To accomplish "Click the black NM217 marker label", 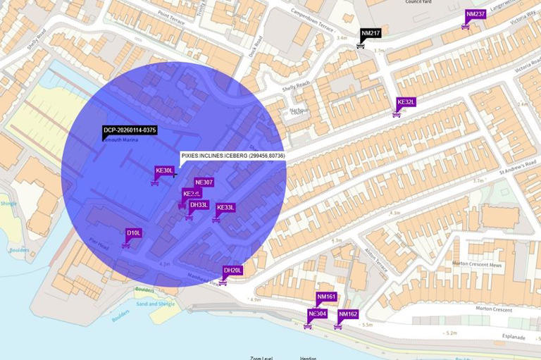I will (x=371, y=33).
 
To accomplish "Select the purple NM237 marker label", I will (x=475, y=14).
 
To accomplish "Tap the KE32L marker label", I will (x=406, y=102).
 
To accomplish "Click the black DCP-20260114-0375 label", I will (x=130, y=130).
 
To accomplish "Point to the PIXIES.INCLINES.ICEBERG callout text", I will (x=232, y=156).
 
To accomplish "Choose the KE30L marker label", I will (x=164, y=170).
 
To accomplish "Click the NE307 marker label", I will (x=204, y=182).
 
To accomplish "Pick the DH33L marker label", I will (x=199, y=205).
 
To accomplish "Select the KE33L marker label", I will (x=225, y=208).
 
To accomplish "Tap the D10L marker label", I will (x=134, y=232).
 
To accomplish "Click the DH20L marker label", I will (x=232, y=271).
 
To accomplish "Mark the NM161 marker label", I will (x=326, y=297).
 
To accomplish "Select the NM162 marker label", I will (x=348, y=314).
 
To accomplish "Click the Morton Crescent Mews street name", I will (x=477, y=265).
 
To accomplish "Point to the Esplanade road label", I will (x=511, y=337).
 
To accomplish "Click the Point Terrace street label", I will (x=171, y=18).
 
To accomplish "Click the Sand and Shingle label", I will (x=155, y=304).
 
